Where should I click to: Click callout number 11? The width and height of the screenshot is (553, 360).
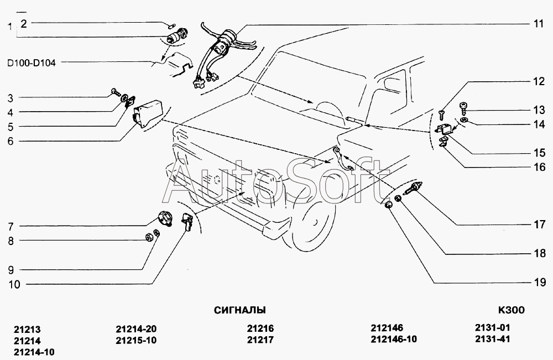pyautogui.click(x=538, y=24)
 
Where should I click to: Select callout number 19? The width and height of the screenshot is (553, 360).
pyautogui.click(x=540, y=283)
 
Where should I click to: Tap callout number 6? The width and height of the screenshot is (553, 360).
pyautogui.click(x=11, y=142)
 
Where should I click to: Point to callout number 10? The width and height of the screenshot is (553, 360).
pyautogui.click(x=14, y=284)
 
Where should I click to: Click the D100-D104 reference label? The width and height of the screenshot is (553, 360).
pyautogui.click(x=32, y=64)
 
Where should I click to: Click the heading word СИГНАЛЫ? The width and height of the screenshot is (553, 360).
pyautogui.click(x=240, y=310)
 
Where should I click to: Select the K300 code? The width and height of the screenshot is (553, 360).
pyautogui.click(x=511, y=310)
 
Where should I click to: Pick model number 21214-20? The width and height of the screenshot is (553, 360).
pyautogui.click(x=136, y=329)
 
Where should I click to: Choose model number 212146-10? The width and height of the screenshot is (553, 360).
pyautogui.click(x=394, y=339)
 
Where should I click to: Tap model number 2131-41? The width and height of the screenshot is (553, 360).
pyautogui.click(x=492, y=339)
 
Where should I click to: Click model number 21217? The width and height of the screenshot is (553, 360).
pyautogui.click(x=260, y=340)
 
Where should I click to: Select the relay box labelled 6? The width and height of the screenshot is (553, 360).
pyautogui.click(x=148, y=113)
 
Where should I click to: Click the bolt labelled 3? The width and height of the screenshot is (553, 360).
pyautogui.click(x=115, y=92)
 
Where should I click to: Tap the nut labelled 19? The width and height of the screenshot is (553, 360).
pyautogui.click(x=388, y=204)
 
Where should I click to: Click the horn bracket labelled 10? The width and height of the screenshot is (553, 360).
pyautogui.click(x=187, y=222)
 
